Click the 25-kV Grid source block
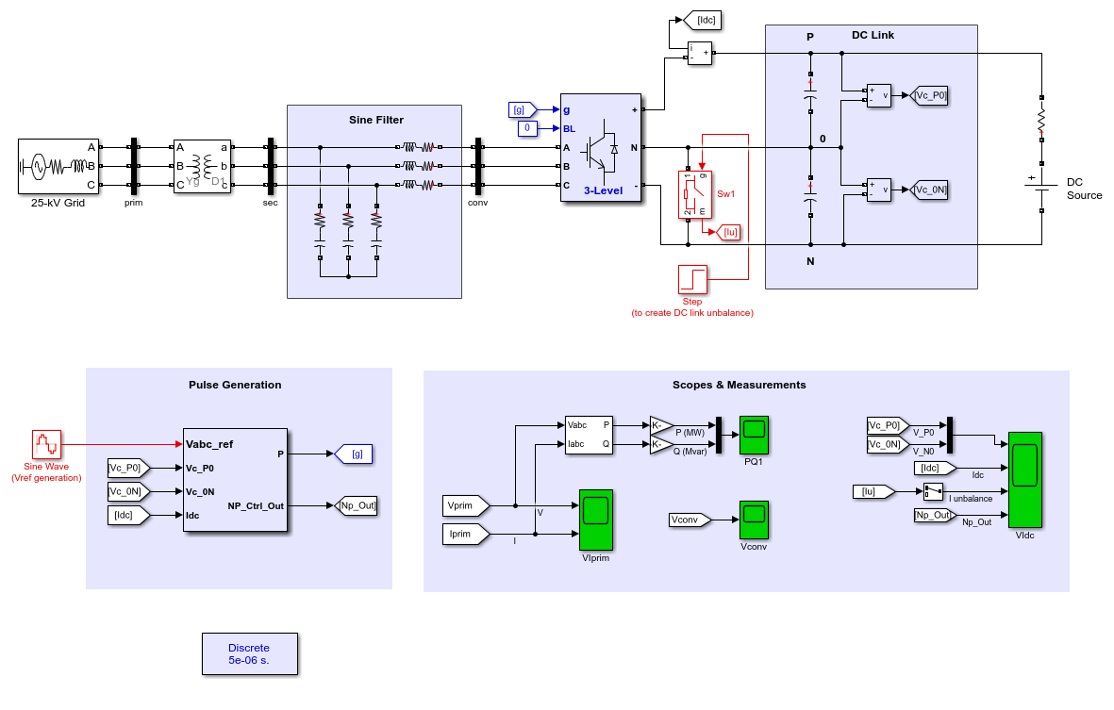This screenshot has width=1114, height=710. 58,166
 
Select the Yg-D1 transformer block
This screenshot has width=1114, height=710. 203,166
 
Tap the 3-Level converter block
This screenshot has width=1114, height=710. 601,148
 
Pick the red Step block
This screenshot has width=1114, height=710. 692,280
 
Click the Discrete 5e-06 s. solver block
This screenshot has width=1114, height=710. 249,654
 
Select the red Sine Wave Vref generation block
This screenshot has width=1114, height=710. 47,444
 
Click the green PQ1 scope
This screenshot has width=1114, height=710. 754,436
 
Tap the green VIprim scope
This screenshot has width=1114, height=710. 596,520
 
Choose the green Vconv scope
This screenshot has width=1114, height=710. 754,520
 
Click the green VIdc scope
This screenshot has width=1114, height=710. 1025,480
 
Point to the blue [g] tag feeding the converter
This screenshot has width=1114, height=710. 523,110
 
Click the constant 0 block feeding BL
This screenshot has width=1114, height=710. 527,128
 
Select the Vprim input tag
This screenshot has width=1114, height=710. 466,505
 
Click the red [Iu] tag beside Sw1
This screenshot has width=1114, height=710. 729,232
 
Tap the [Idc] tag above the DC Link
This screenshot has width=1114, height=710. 703,21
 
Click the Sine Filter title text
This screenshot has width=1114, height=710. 375,120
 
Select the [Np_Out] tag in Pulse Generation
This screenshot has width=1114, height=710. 356,505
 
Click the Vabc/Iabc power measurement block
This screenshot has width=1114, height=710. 589,436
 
